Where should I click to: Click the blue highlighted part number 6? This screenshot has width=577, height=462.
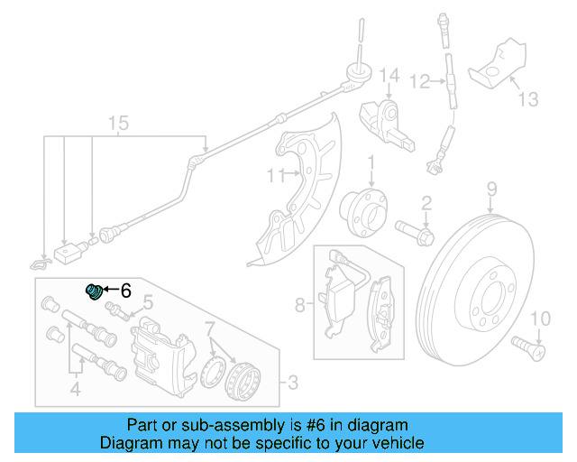pos(94,291)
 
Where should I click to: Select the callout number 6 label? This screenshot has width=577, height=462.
pos(125,291)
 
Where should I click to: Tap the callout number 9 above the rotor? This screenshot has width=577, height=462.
pos(492,189)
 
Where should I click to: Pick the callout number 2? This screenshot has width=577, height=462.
pos(426,204)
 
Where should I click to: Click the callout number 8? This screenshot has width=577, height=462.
pos(300,305)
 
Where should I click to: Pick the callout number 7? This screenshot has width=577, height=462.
pos(209,327)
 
